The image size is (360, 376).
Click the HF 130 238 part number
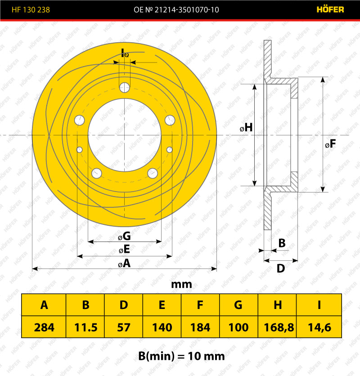[x=31, y=9]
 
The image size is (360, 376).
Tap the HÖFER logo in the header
[x=330, y=9]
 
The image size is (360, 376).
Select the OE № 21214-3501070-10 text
[x=176, y=9]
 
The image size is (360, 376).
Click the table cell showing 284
[x=44, y=327]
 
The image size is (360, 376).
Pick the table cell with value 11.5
[x=85, y=327]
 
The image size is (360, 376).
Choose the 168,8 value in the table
[x=278, y=327]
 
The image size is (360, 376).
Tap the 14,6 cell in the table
[x=319, y=327]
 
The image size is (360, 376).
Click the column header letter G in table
[x=238, y=305]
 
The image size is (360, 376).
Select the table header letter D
[x=124, y=305]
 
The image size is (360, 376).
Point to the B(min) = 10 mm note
[x=181, y=356]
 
